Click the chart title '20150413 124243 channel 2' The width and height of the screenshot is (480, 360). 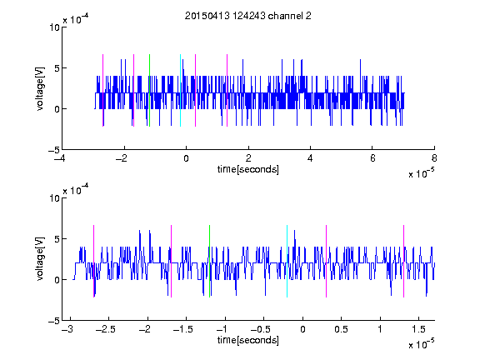248,16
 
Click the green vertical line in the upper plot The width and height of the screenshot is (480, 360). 149,90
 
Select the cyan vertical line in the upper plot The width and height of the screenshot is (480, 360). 180,90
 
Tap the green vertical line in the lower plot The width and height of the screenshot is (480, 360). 209,261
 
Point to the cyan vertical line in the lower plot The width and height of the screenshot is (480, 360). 287,261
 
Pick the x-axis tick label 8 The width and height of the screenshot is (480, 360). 434,158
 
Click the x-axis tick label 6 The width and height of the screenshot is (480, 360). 372,158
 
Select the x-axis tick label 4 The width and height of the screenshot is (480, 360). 310,158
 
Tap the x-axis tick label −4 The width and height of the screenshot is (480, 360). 60,158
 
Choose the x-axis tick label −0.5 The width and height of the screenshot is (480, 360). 261,329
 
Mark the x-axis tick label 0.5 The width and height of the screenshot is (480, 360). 341,329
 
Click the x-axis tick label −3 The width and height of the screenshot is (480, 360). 67,329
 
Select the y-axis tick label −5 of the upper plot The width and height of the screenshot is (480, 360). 54,150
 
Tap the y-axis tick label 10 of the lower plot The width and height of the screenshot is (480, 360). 54,198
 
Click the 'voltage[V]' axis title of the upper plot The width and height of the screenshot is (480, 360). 40,88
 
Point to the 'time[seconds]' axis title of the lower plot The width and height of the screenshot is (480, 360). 248,340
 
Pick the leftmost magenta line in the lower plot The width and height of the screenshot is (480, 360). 93,261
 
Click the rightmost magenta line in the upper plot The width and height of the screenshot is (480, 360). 227,90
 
